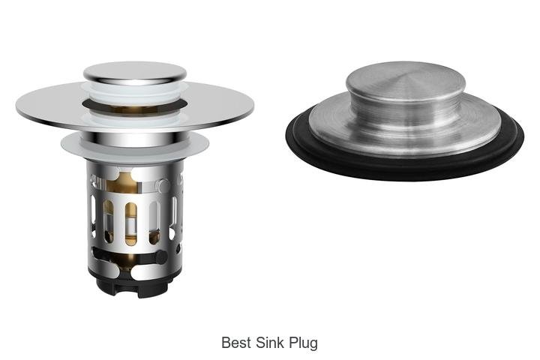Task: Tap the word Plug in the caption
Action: (303, 343)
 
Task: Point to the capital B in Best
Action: (226, 343)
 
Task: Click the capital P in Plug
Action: (293, 343)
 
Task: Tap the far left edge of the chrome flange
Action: (19, 100)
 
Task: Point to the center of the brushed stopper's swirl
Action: (408, 77)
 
